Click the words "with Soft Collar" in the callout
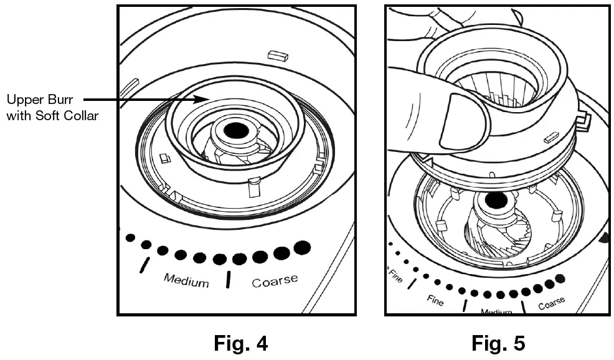point(52,115)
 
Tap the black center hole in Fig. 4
point(235,130)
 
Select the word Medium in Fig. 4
point(186,280)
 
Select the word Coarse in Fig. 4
point(275,281)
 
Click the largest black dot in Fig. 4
point(302,247)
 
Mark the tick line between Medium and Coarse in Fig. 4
point(229,280)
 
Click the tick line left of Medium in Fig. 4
point(145,264)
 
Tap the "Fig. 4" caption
point(240,343)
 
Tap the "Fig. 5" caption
point(498,343)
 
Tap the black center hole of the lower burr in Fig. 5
point(496,202)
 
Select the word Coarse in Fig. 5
point(551,303)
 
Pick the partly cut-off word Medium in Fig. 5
point(496,311)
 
